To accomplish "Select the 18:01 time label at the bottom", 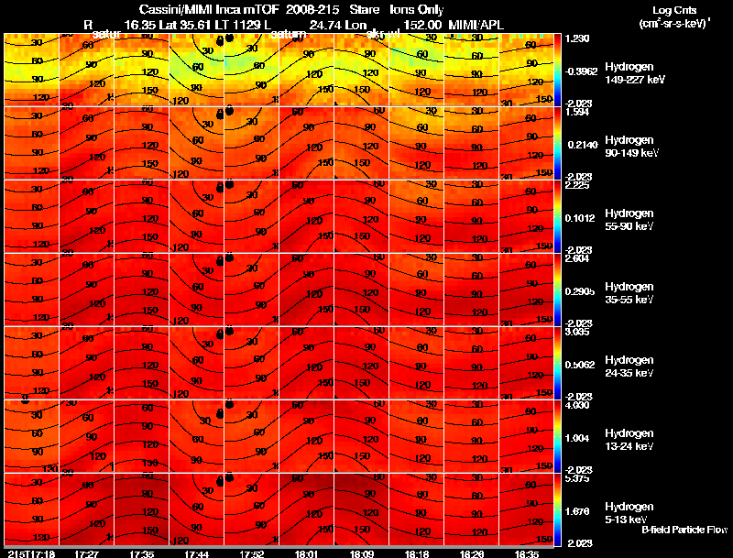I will coord(306,553).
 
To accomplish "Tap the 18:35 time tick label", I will coord(526,553).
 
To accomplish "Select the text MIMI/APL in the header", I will coord(474,24).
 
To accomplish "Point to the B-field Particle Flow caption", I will coord(684,530).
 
